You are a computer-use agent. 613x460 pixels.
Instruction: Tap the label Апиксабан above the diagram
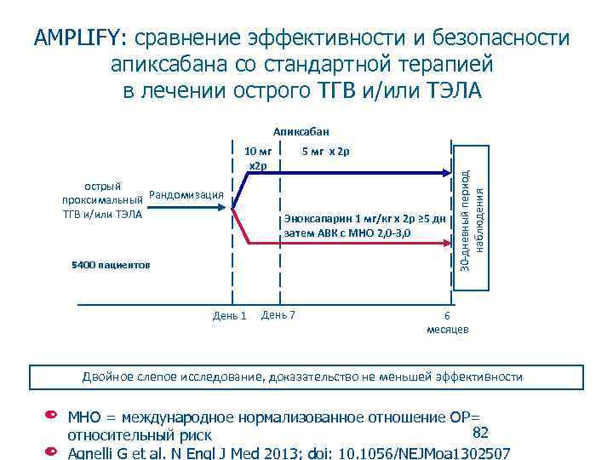coord(300,132)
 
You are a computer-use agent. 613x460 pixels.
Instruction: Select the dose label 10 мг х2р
coord(256,158)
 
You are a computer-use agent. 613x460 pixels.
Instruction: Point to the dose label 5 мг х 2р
coord(325,152)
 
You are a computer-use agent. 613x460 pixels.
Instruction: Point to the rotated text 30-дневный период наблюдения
coord(472,216)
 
